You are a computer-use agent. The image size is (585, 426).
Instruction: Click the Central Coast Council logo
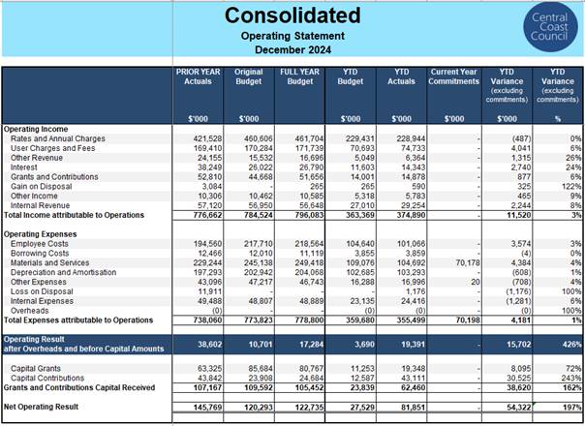550,27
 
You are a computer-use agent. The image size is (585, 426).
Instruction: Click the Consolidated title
292,15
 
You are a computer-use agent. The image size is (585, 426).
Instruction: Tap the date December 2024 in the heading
292,50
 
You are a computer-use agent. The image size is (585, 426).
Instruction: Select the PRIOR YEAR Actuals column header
199,76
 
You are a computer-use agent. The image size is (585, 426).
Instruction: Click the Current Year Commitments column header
453,76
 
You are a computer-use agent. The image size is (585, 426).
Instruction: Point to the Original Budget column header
249,76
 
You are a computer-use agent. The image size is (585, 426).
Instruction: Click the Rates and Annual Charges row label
58,138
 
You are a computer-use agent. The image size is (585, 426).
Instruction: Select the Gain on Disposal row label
41,187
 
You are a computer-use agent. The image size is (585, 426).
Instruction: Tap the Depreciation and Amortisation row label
63,272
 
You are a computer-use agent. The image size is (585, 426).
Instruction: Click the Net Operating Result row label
41,407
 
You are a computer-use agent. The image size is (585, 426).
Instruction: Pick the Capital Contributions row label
47,378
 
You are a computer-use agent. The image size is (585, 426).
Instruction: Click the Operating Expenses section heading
41,234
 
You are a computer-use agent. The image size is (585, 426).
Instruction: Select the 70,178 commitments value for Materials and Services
468,263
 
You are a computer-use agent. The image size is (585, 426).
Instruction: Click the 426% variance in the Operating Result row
572,345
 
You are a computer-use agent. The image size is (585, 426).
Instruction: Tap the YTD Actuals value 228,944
411,138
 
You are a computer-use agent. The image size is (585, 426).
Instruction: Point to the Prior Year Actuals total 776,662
207,215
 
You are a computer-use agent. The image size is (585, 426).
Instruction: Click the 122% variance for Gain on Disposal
571,187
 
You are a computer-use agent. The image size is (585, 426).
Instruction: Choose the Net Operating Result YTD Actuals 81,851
413,407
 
